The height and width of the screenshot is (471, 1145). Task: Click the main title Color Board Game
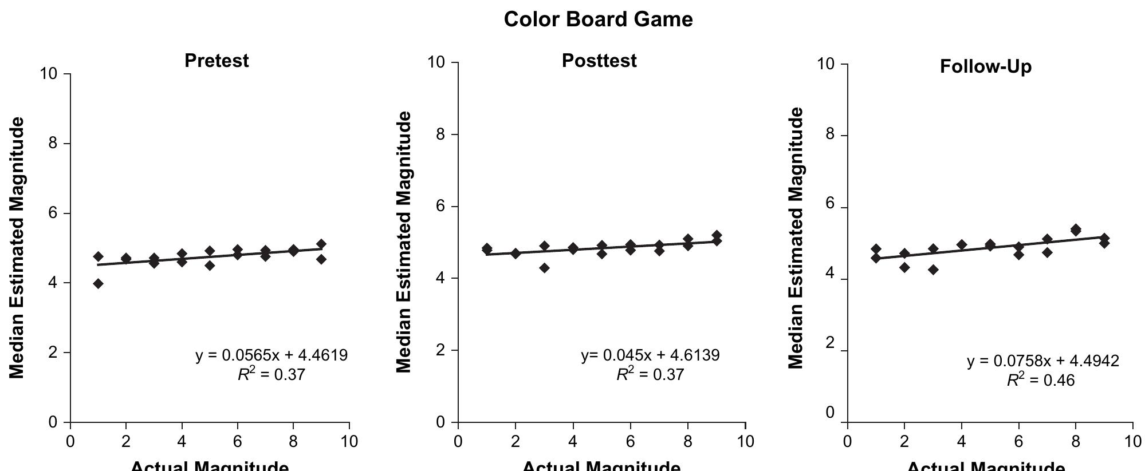coord(598,19)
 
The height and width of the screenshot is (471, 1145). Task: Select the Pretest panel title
coord(217,61)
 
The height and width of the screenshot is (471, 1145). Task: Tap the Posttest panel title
coord(599,61)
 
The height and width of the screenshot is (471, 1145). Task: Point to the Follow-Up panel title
coord(985,67)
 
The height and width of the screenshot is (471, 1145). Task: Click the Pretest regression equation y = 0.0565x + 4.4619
coord(272,355)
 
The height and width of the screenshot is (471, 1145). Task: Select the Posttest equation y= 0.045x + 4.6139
coord(650,355)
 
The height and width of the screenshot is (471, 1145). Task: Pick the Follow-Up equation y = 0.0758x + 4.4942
coord(1042,361)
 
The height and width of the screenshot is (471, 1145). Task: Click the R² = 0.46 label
coord(1041,380)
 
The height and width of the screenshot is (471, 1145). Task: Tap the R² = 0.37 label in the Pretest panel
coord(272,375)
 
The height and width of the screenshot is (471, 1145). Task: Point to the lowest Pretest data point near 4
coord(98,283)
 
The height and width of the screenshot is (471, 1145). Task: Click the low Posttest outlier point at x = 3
coord(544,268)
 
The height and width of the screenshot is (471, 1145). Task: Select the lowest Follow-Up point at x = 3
coord(933,270)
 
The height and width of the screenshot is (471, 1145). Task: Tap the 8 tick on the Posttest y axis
coord(440,134)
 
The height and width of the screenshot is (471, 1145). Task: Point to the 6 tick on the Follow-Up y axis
coord(829,207)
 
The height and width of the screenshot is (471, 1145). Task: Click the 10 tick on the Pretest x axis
coord(349,441)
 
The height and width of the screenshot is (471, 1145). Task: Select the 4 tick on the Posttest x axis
coord(573,441)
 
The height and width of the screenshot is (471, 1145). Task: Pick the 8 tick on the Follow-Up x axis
coord(1075,441)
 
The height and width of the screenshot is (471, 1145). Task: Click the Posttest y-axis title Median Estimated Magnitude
coord(404,242)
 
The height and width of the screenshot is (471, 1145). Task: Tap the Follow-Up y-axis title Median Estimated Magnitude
coord(796,238)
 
